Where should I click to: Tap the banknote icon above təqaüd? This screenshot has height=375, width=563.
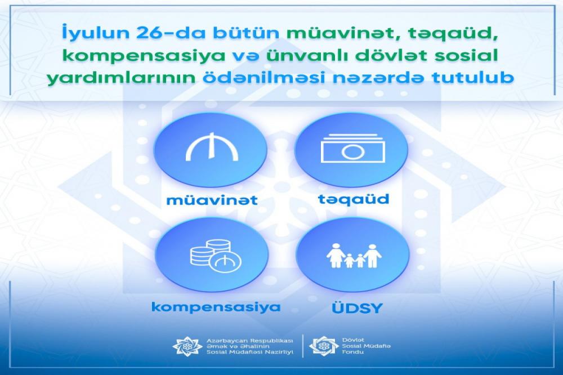click(353, 148)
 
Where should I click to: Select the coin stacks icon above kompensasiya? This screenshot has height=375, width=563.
click(216, 256)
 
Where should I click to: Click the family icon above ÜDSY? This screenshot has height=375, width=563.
click(354, 256)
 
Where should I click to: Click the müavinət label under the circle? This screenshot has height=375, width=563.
click(212, 200)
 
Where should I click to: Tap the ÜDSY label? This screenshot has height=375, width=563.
click(358, 308)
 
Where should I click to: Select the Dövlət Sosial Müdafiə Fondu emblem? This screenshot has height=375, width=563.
click(324, 346)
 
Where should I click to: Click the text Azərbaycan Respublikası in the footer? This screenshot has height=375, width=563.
click(250, 340)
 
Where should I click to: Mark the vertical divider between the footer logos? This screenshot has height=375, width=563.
click(302, 346)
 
